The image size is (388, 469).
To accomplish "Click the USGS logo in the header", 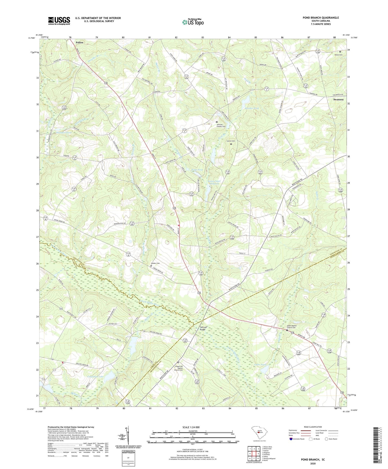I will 59,21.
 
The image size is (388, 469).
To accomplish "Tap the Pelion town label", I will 79,42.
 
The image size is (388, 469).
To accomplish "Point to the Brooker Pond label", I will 252,108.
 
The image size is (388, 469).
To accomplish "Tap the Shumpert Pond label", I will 64,133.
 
